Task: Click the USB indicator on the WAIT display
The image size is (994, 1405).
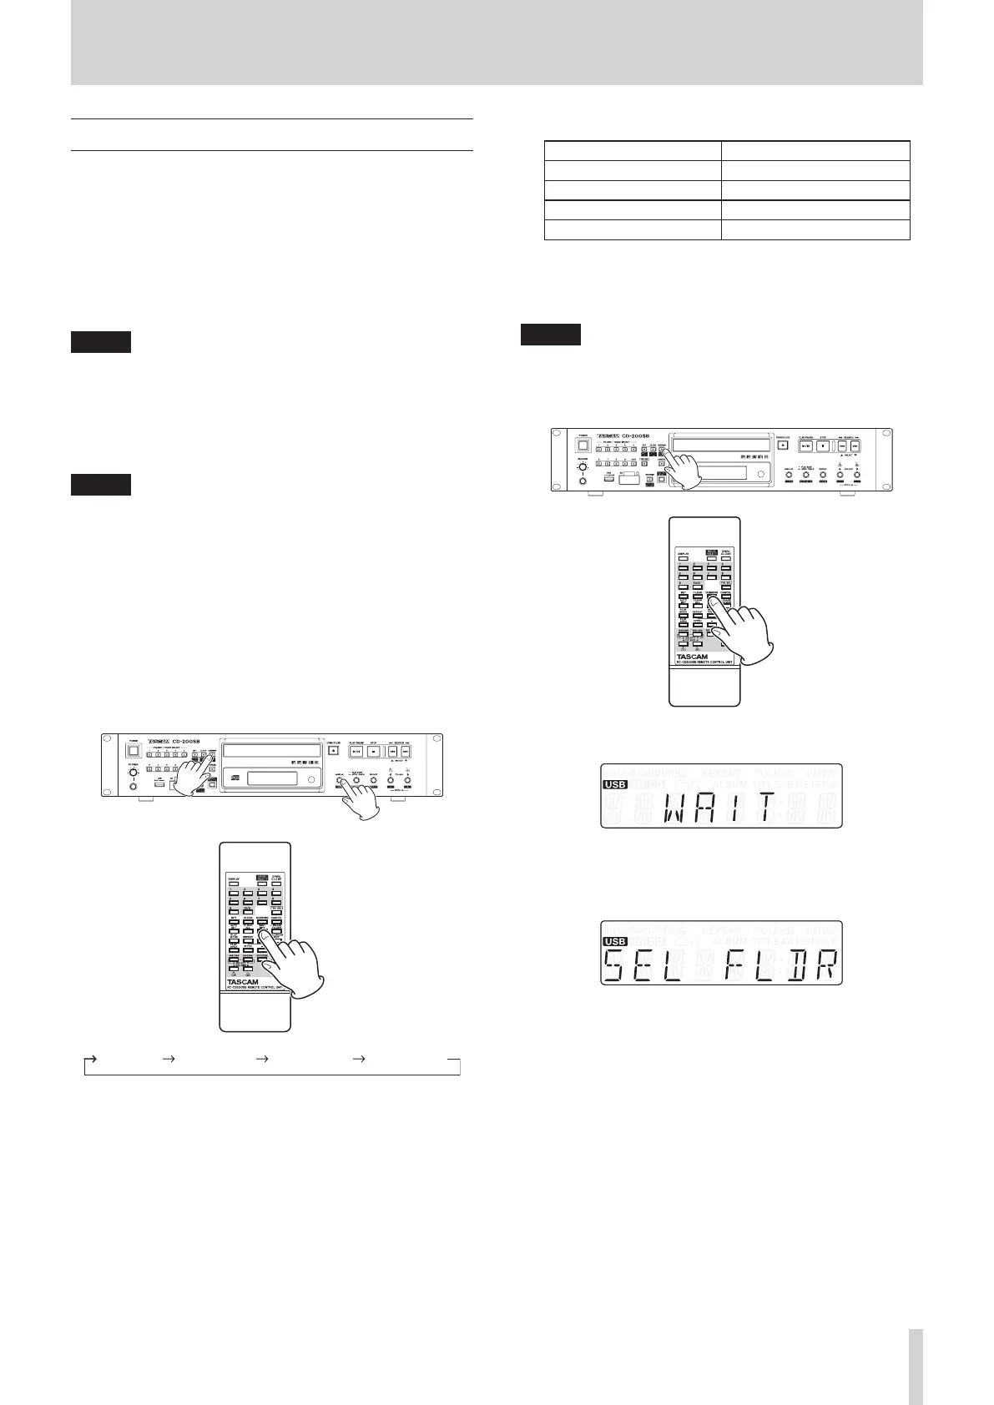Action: click(x=614, y=785)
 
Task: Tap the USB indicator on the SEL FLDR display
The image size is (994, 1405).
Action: click(x=614, y=942)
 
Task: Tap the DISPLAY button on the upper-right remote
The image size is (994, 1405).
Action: click(x=684, y=556)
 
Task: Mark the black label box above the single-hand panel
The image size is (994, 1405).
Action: click(x=550, y=334)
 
